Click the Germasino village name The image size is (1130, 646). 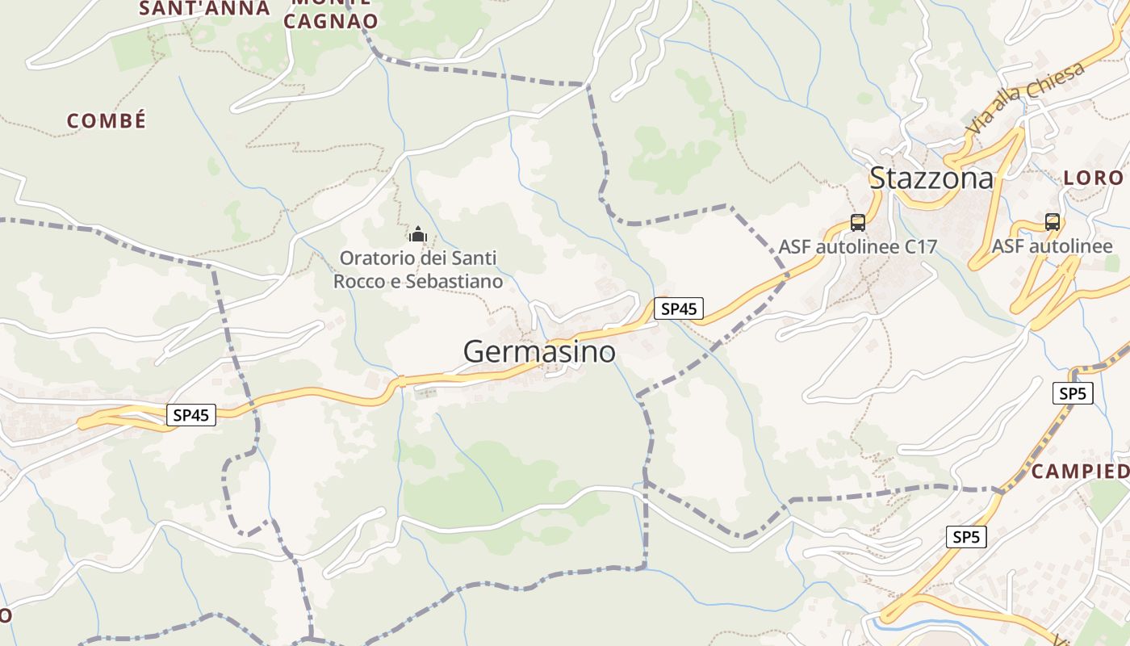pyautogui.click(x=539, y=352)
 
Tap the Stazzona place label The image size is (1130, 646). pyautogui.click(x=931, y=178)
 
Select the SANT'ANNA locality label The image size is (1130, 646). pyautogui.click(x=204, y=9)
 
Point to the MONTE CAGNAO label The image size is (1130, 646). pyautogui.click(x=331, y=15)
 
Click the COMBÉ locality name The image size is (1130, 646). pyautogui.click(x=107, y=121)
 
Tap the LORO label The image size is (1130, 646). pyautogui.click(x=1094, y=178)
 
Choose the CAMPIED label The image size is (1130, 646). pyautogui.click(x=1080, y=471)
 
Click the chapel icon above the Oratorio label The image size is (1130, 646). pyautogui.click(x=417, y=235)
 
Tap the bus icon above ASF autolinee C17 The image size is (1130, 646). pyautogui.click(x=857, y=223)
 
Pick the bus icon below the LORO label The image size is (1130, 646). pyautogui.click(x=1052, y=222)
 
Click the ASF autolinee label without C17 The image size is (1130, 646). pyautogui.click(x=1052, y=246)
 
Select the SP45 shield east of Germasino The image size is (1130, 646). pyautogui.click(x=678, y=308)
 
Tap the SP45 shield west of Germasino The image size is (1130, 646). pyautogui.click(x=191, y=415)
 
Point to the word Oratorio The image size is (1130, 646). pyautogui.click(x=375, y=259)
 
